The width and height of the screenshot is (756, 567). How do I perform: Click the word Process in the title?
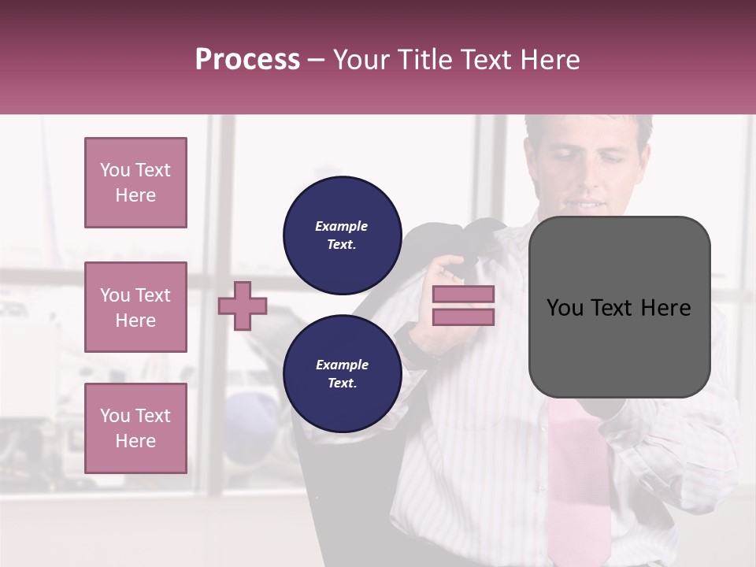pos(247,60)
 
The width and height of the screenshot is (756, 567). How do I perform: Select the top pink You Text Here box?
pos(135,183)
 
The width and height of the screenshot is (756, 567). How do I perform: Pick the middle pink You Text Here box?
pos(135,307)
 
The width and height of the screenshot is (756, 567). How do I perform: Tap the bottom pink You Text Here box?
pos(135,428)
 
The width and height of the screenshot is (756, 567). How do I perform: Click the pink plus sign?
pos(243,306)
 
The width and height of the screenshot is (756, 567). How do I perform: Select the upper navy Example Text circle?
pos(342,235)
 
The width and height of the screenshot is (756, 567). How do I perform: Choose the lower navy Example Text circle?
pos(342,374)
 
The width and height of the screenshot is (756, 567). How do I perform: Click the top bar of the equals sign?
pos(463,295)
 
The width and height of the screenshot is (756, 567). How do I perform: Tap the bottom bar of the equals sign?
pos(463,317)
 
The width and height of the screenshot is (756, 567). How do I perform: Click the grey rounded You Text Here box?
pos(619,307)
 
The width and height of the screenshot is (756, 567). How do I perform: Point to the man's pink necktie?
pos(579,480)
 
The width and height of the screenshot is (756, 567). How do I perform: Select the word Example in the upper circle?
pos(342,226)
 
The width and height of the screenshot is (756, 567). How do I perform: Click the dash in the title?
pos(317,60)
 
